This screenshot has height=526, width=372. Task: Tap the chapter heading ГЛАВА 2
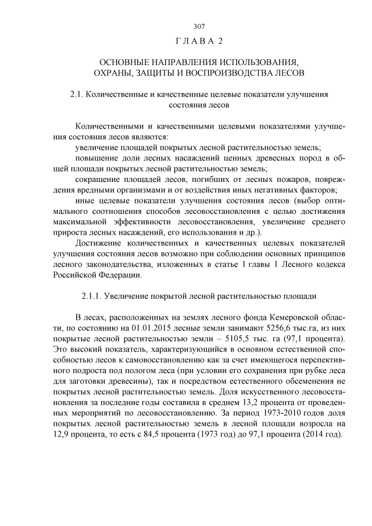coord(199,42)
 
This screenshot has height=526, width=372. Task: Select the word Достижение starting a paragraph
coord(102,244)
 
